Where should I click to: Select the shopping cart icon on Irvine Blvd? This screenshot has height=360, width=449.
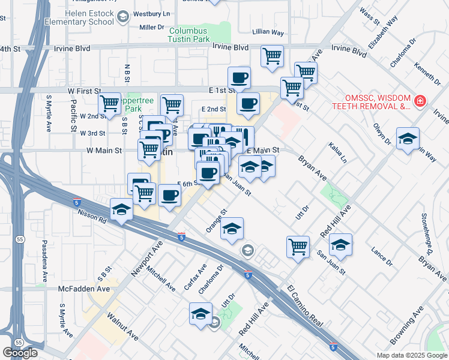coord(273,56)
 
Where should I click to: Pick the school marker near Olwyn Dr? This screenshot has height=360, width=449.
coord(408,140)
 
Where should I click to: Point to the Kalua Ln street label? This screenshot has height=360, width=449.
coord(337,152)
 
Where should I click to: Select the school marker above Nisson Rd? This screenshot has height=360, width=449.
coord(121,209)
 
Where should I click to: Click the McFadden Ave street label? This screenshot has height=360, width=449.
coord(84,289)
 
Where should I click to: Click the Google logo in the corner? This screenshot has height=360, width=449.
coord(20,353)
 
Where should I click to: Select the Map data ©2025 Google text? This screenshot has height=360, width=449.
coord(412,355)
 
